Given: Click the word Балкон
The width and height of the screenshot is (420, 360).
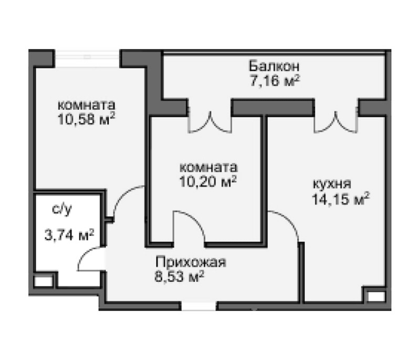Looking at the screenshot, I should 274,67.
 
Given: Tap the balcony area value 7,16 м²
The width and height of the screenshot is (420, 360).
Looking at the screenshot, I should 274,81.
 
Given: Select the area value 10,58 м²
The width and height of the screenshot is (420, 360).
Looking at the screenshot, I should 87,118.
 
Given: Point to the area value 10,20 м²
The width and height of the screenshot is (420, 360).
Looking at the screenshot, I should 208,182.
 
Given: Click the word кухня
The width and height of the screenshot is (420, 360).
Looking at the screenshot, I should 332,184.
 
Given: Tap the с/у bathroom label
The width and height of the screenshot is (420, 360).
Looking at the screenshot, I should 61,210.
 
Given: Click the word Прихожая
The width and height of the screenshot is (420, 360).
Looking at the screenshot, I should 190,262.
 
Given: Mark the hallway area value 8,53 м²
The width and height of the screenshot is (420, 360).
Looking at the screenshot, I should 179,276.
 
